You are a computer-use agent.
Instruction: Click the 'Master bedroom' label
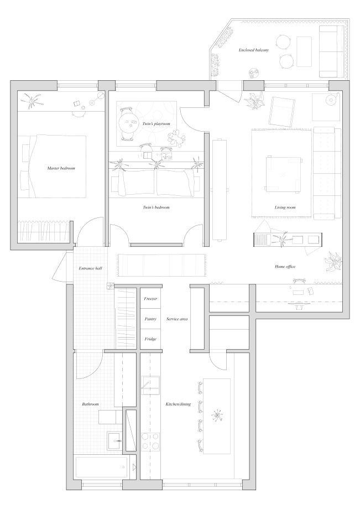point(61,168)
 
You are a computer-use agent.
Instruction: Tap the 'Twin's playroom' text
point(156,124)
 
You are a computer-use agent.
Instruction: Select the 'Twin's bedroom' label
point(156,207)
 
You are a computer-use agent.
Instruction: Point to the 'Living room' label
point(285,207)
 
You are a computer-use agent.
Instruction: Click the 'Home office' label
point(285,267)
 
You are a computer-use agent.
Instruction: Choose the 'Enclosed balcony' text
point(254,50)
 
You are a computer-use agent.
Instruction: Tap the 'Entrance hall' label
point(91,268)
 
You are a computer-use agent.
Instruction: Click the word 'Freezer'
point(150,299)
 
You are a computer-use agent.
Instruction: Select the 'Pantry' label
point(150,319)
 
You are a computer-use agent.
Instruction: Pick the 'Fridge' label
point(150,339)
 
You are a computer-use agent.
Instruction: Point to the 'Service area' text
point(177,319)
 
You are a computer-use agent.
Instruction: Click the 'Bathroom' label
point(90,404)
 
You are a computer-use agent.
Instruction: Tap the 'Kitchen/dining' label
point(178,404)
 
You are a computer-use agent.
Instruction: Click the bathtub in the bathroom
point(102,467)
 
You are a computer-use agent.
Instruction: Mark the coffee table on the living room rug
point(283,174)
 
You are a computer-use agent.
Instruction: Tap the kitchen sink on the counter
point(150,385)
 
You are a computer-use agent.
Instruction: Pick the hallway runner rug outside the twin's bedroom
point(162,265)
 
